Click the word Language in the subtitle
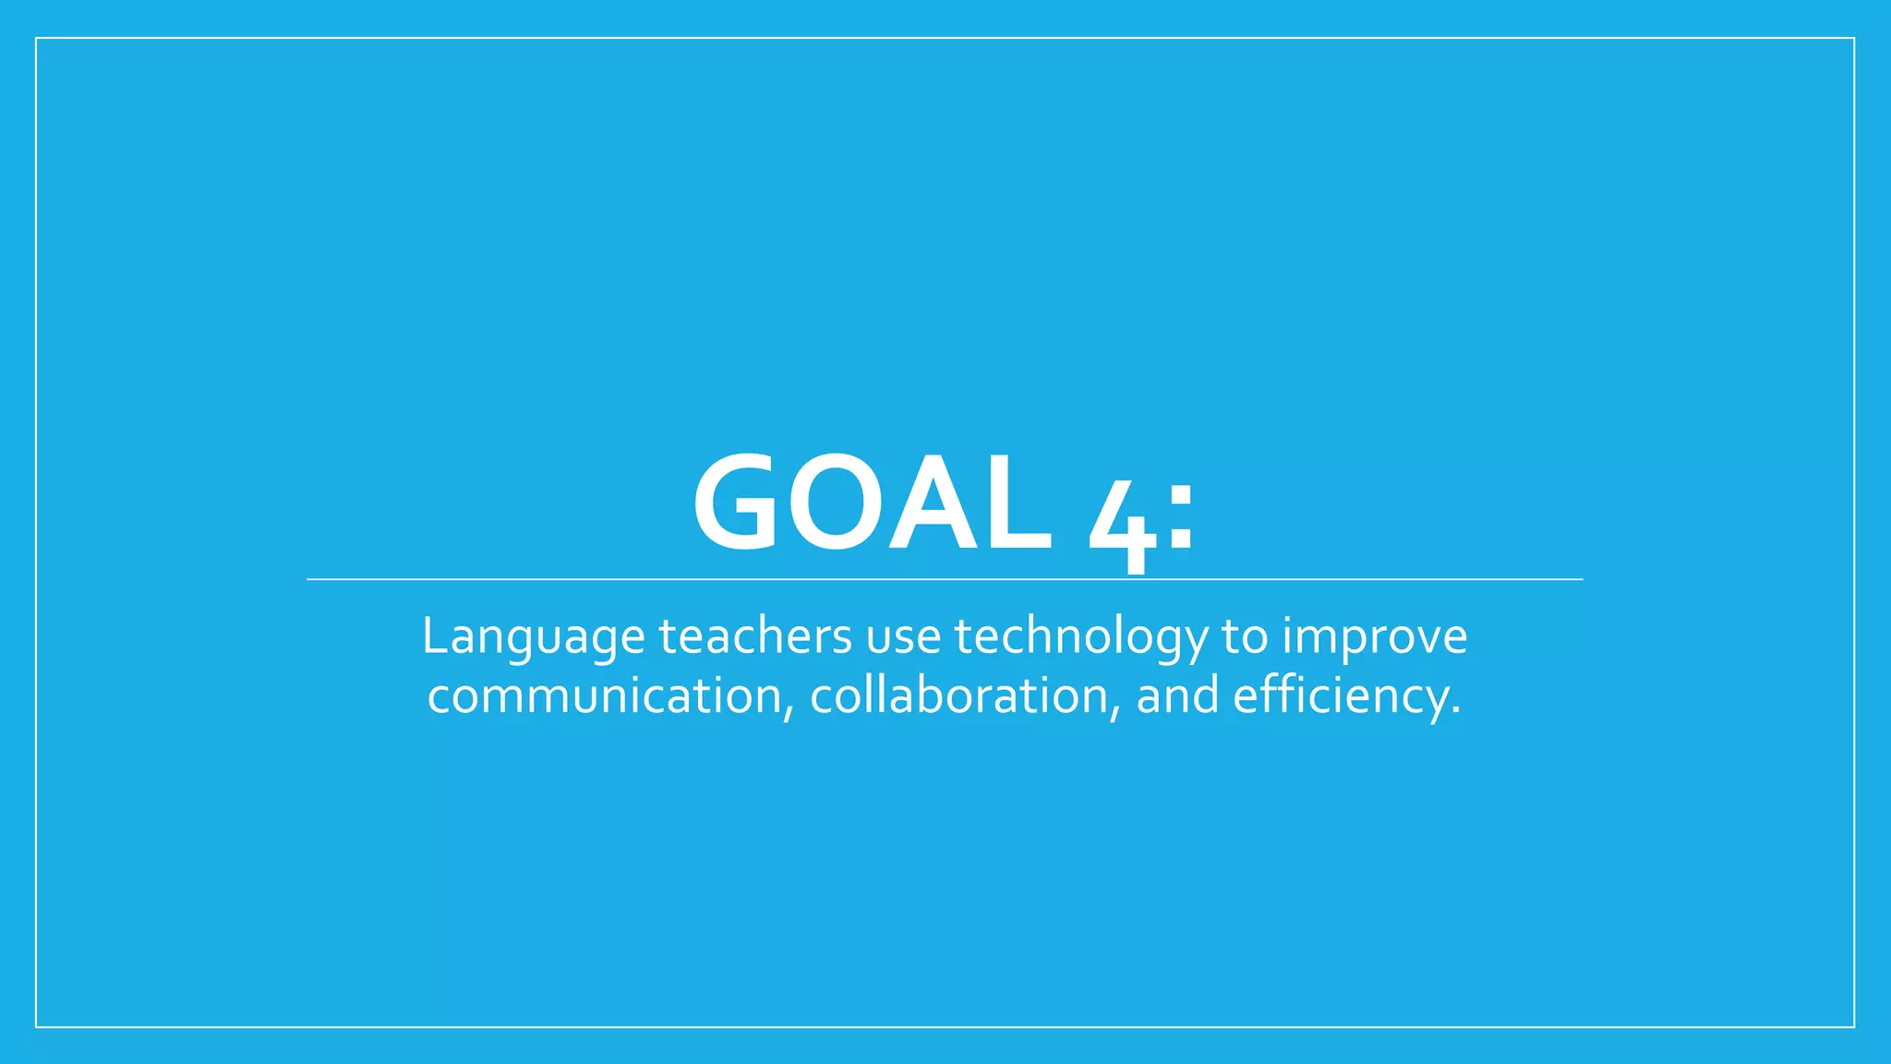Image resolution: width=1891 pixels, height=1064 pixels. tap(533, 637)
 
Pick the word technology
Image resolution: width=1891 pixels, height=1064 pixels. tap(1080, 637)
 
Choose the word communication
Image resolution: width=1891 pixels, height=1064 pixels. tap(606, 695)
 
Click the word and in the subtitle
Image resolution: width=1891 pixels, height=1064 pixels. tap(1177, 695)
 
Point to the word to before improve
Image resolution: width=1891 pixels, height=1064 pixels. tap(1245, 636)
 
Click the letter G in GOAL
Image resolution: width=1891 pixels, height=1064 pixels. tap(736, 503)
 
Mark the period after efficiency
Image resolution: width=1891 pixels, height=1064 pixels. tap(1456, 712)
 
